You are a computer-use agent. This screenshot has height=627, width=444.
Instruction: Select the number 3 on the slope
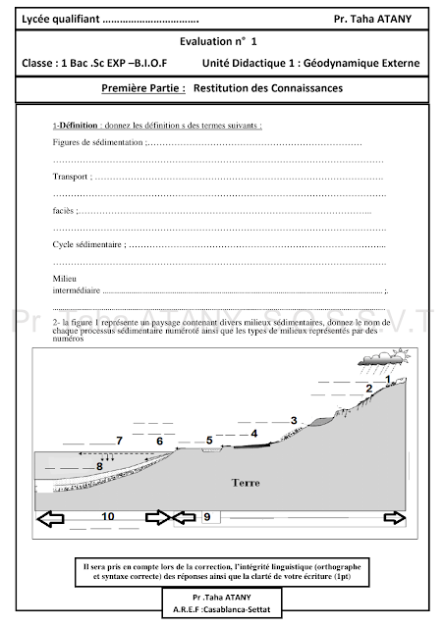point(293,420)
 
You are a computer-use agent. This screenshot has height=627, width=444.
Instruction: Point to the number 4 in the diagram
point(253,433)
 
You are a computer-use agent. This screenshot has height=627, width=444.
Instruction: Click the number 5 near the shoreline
point(208,441)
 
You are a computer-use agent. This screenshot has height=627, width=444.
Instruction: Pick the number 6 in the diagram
point(159,442)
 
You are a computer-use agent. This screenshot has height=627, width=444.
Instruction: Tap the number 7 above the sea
point(119,441)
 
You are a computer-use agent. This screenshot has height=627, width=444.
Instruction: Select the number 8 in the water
point(99,465)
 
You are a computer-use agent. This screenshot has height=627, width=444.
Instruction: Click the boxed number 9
point(207,515)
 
